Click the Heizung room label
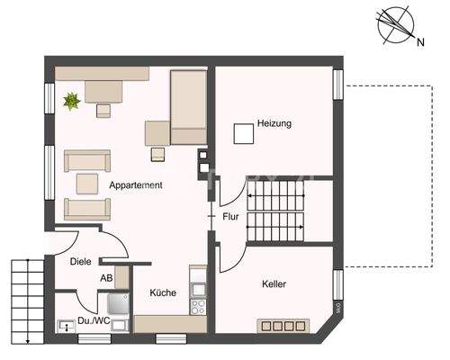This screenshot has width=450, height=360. pos(274,123)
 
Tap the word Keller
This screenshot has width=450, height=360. pos(274,283)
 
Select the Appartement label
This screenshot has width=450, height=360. pos(136,185)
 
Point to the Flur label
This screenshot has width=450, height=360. pos(230,217)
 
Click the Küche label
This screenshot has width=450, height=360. pos(163,292)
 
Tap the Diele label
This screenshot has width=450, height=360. pos(80,262)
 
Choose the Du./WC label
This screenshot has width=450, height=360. pos(94,320)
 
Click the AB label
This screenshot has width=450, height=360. pos(106,278)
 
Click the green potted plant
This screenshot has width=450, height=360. pos(72,101)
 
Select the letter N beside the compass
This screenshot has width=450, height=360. pos(421,42)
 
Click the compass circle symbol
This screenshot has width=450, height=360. pos(396,25)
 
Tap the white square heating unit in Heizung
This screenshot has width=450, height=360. pos(244,134)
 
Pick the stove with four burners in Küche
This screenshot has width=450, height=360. pos(198,306)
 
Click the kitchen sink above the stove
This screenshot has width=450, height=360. pos(198,290)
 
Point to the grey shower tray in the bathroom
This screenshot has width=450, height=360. pos(118,303)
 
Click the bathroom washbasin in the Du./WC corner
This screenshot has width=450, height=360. pos(67,326)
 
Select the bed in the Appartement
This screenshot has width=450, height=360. pos(189,107)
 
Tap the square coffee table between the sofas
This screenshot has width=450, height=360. pos(87,184)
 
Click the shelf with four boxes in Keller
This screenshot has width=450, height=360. pos(283,326)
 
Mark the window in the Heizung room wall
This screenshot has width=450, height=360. pos(338,85)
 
